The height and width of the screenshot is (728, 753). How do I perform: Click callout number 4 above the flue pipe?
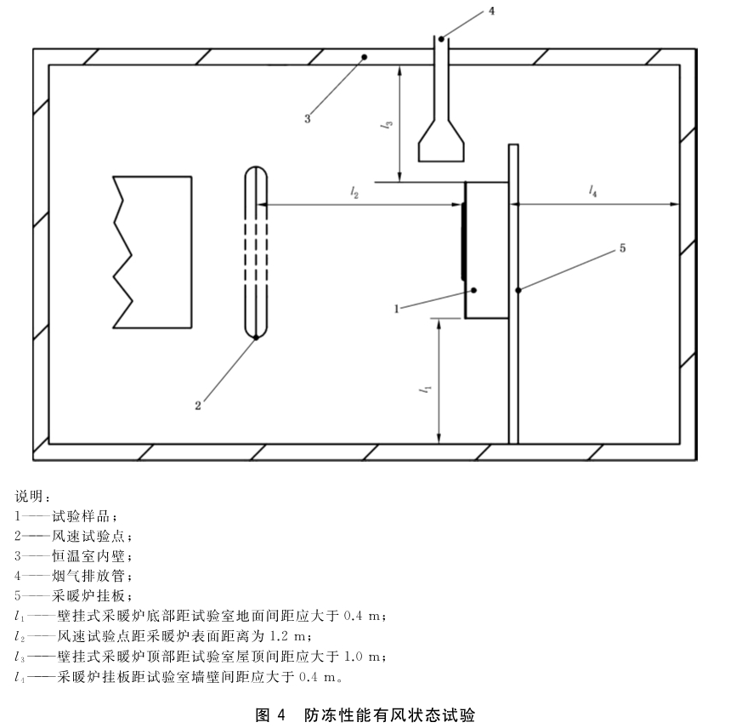(x=491, y=10)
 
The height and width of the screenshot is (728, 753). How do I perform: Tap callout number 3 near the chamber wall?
(x=308, y=118)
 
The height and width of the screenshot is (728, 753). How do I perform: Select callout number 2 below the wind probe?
(x=198, y=406)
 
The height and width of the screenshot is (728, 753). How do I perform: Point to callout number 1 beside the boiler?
(x=397, y=309)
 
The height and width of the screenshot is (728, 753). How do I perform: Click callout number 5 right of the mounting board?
(x=622, y=248)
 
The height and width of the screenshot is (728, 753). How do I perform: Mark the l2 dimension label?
(x=354, y=193)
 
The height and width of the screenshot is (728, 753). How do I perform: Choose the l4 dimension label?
(x=593, y=191)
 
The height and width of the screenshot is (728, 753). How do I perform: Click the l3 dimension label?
(x=387, y=124)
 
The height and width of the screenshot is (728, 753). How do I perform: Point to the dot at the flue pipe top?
(x=441, y=39)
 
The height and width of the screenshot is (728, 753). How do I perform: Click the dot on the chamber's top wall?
(x=365, y=57)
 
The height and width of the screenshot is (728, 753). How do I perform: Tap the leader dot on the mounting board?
(x=518, y=290)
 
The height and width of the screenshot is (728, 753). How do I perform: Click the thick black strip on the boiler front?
(x=463, y=242)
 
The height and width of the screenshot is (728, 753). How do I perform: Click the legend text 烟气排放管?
(x=88, y=576)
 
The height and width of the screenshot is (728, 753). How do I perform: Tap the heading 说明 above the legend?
(x=29, y=496)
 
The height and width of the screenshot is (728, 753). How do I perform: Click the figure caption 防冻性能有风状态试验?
(x=389, y=715)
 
